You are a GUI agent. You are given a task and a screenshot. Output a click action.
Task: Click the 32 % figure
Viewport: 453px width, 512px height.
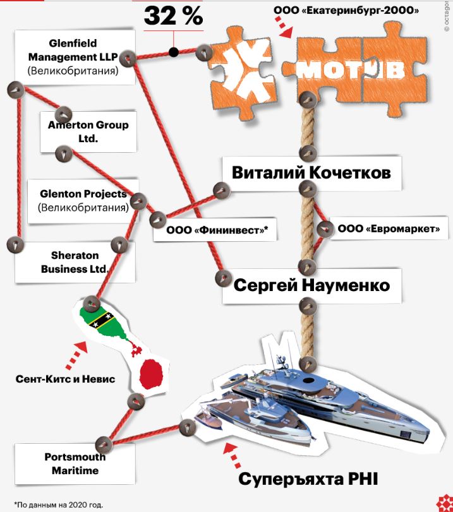pos(174,16)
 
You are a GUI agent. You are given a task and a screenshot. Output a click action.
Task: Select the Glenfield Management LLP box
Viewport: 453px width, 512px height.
pos(75,57)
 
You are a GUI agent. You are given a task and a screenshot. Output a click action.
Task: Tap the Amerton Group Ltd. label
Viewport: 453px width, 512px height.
pos(88,131)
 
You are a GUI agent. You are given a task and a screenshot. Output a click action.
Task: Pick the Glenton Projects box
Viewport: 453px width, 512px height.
pos(83,201)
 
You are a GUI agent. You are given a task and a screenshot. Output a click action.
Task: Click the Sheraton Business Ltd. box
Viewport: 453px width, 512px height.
pos(75,262)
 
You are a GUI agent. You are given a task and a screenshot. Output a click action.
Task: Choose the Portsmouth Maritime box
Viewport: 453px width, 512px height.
pos(75,463)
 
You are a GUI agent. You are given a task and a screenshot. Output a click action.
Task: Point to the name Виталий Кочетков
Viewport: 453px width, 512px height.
pos(311,173)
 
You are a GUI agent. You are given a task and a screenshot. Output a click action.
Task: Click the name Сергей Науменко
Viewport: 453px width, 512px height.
pos(312,285)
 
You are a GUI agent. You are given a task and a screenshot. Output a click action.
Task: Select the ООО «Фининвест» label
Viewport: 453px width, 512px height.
pos(217,230)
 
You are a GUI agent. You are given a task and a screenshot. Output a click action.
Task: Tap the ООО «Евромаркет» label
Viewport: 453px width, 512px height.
pos(389,229)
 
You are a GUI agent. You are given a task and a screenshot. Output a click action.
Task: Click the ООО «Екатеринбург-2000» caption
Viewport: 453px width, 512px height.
pos(346,10)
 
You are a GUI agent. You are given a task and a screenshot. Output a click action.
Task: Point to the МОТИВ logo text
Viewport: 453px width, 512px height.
pos(351,70)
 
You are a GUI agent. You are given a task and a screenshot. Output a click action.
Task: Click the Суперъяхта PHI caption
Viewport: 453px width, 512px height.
pos(308,479)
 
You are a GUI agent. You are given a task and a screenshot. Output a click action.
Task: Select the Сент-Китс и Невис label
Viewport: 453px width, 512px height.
pos(65,379)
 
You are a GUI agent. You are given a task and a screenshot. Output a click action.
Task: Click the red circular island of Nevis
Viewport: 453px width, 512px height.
pos(152,374)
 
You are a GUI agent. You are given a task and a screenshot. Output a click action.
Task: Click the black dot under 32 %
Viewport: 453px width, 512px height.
pos(174,52)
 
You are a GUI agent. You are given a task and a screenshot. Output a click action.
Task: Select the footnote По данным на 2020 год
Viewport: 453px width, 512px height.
pos(59,505)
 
